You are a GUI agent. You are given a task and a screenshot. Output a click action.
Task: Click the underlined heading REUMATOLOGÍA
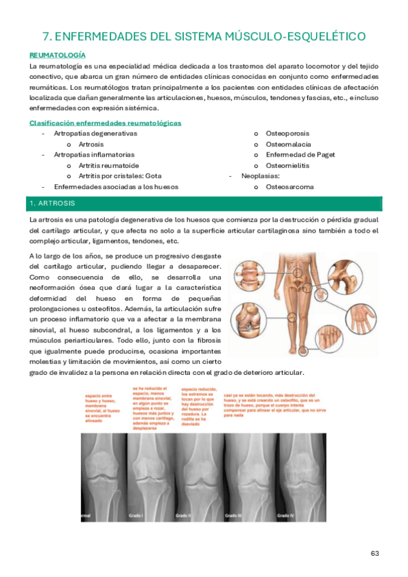(57, 54)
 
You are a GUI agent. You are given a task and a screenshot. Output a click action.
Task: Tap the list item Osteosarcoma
(289, 186)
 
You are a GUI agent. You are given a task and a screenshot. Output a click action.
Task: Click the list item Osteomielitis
(287, 165)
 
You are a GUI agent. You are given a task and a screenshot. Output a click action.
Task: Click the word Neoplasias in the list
(261, 176)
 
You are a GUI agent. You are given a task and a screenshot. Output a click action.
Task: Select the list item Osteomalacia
(288, 144)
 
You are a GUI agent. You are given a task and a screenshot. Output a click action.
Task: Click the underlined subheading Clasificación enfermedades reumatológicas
(105, 123)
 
